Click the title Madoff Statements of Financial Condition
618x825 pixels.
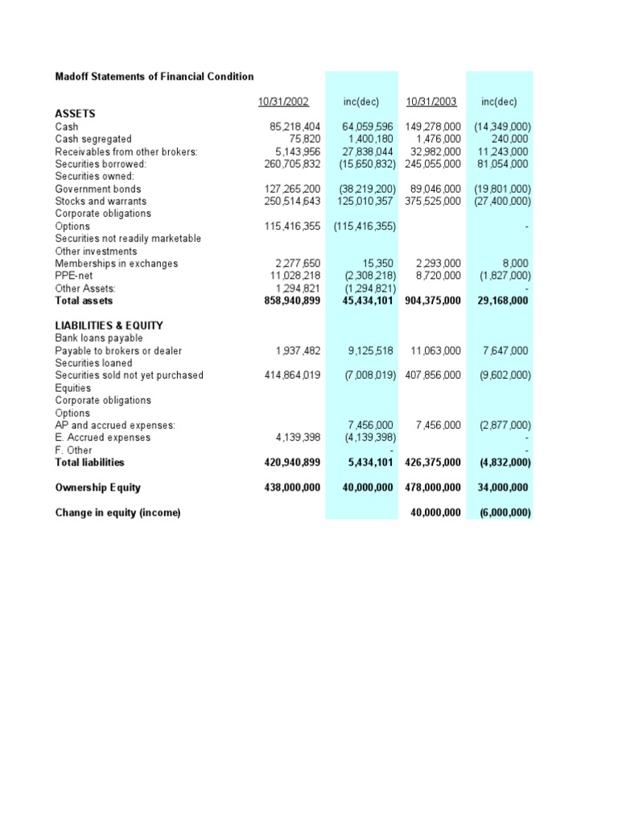pyautogui.click(x=154, y=77)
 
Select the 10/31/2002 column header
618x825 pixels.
pyautogui.click(x=283, y=102)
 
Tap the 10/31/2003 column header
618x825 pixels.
pyautogui.click(x=431, y=102)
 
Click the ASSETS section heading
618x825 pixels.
pyautogui.click(x=76, y=114)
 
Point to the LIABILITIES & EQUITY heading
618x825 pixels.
pyautogui.click(x=109, y=325)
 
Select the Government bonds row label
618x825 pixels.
pyautogui.click(x=97, y=189)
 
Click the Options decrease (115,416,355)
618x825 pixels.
pyautogui.click(x=364, y=226)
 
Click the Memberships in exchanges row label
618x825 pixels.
pyautogui.click(x=116, y=263)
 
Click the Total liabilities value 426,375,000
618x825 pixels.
pyautogui.click(x=432, y=462)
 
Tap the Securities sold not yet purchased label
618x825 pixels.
pyautogui.click(x=129, y=375)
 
